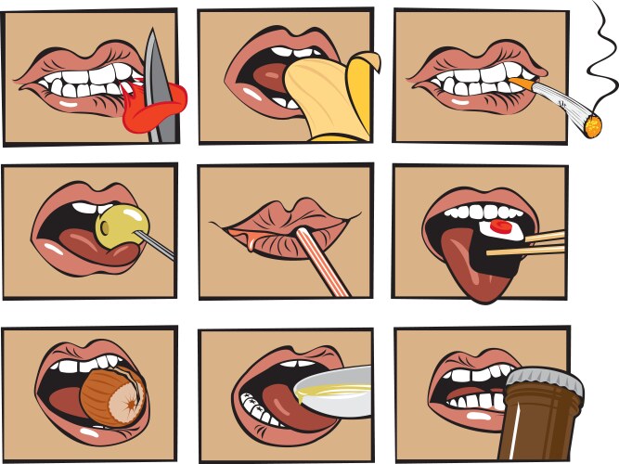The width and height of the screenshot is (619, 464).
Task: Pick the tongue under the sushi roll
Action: [x=468, y=264]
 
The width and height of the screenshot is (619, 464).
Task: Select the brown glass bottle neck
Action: [x=542, y=418]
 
